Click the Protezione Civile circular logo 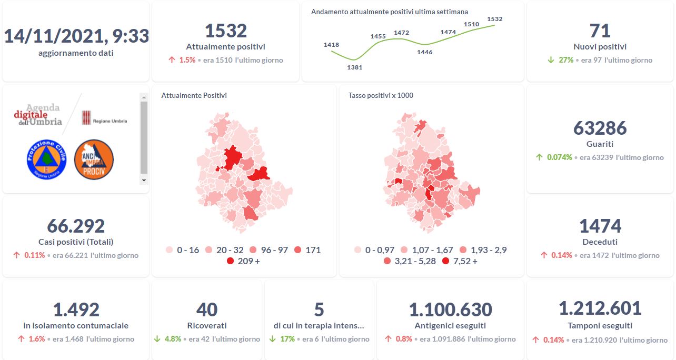pos(46,159)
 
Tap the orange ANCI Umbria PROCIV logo pos(94,159)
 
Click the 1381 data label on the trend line pos(354,67)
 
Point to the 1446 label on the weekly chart pos(424,52)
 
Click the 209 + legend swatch pos(231,261)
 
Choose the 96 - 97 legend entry pos(269,250)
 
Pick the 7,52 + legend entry pos(460,261)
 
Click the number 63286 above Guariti pos(600,128)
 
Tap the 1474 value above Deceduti pos(600,226)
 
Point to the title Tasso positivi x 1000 pos(381,95)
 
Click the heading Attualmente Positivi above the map pos(194,95)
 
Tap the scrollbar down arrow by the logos pos(144,180)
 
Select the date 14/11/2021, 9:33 pos(76,36)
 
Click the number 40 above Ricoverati pos(206,309)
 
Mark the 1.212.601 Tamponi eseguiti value pos(600,308)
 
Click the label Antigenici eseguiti pos(450,326)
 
